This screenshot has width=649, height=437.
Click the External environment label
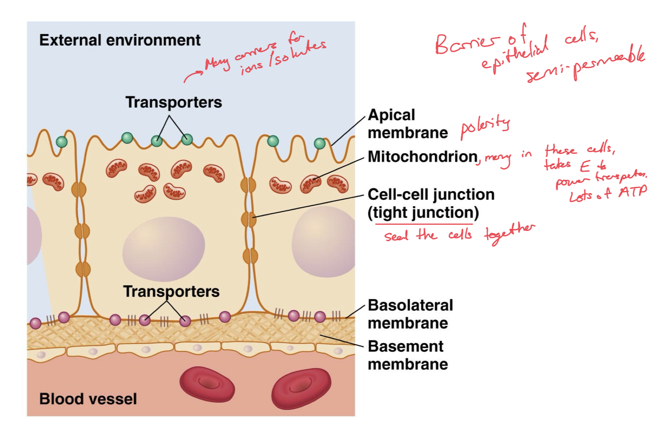click(x=120, y=40)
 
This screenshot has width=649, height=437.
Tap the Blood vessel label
click(x=88, y=399)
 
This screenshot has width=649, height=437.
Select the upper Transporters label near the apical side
click(x=173, y=102)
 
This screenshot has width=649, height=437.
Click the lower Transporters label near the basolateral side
click(x=171, y=291)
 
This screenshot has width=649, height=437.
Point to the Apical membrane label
click(x=408, y=124)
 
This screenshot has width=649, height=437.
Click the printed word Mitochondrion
click(x=423, y=156)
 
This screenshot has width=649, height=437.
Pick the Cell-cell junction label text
click(x=431, y=195)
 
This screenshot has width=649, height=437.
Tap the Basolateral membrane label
click(x=410, y=314)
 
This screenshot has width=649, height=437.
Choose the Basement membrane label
click(x=408, y=355)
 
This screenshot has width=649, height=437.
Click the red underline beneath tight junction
click(x=423, y=224)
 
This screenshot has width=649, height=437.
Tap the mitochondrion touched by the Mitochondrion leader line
click(x=311, y=184)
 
